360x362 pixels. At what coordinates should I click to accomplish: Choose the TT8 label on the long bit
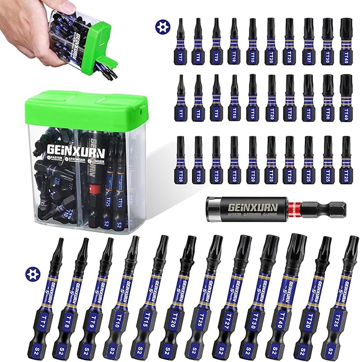[x=74, y=320]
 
